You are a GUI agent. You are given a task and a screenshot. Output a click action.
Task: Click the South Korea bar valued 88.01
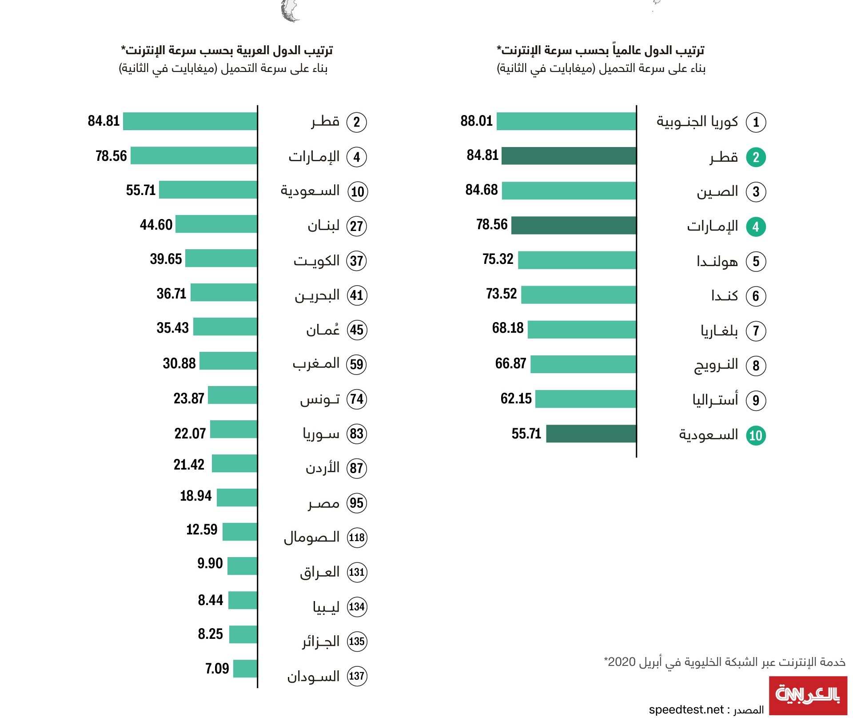point(566,121)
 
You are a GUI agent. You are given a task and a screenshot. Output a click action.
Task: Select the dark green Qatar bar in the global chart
point(569,156)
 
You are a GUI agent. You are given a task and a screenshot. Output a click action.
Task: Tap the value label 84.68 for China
point(481,190)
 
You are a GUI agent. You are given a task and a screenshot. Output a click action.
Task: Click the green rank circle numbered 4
point(756,227)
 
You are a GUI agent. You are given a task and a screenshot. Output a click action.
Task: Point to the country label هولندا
point(717,261)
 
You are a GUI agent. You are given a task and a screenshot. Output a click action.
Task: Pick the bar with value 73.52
point(578,295)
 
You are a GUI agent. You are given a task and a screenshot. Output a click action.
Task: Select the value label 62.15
point(516,398)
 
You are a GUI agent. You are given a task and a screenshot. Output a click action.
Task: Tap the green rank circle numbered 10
point(756,436)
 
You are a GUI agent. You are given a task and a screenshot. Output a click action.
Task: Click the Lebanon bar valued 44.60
point(216,224)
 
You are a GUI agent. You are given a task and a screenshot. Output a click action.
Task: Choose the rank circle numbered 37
point(357,261)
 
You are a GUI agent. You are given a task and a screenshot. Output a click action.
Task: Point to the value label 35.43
point(172,328)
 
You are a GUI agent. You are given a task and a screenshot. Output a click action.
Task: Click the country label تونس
point(320,399)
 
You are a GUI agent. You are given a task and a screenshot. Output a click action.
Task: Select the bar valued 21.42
point(235,463)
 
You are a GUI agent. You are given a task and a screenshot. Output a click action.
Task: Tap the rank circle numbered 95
point(357,503)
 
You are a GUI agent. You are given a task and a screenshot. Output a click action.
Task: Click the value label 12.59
point(202,530)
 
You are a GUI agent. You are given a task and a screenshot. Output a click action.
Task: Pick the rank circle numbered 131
point(357,572)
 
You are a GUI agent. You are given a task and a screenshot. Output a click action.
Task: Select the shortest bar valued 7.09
point(245,669)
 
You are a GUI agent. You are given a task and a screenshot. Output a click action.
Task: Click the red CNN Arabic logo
point(808,695)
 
